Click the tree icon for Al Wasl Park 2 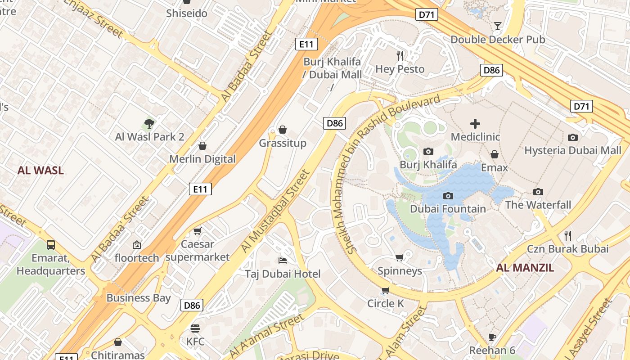(149, 123)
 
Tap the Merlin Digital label (202, 159)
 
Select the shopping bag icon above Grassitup (283, 130)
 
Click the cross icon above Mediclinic (475, 123)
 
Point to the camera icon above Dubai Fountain (448, 196)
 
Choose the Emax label (494, 168)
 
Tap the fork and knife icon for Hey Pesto (400, 55)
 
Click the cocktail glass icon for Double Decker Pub (498, 26)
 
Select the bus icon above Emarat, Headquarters (51, 245)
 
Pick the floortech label (137, 258)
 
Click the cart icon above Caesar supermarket (197, 231)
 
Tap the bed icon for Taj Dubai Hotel (283, 261)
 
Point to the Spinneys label (400, 271)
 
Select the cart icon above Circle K (385, 290)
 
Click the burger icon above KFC (195, 328)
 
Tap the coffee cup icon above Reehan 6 (492, 337)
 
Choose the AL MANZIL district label (525, 268)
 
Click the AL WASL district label (40, 171)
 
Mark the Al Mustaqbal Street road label (275, 211)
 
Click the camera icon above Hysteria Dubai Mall (572, 137)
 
